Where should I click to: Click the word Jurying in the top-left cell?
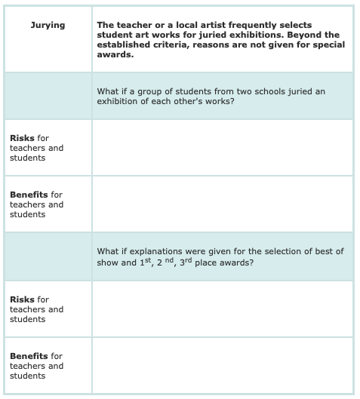(48, 26)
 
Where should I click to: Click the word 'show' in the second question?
(108, 262)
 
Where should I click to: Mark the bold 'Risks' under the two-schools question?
(22, 138)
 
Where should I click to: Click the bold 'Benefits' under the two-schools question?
(29, 195)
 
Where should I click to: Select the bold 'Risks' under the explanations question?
(22, 299)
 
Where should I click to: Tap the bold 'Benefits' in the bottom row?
(29, 356)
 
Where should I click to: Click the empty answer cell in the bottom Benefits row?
(222, 365)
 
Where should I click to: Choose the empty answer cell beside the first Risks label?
(222, 148)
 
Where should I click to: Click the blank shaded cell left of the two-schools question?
(48, 96)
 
